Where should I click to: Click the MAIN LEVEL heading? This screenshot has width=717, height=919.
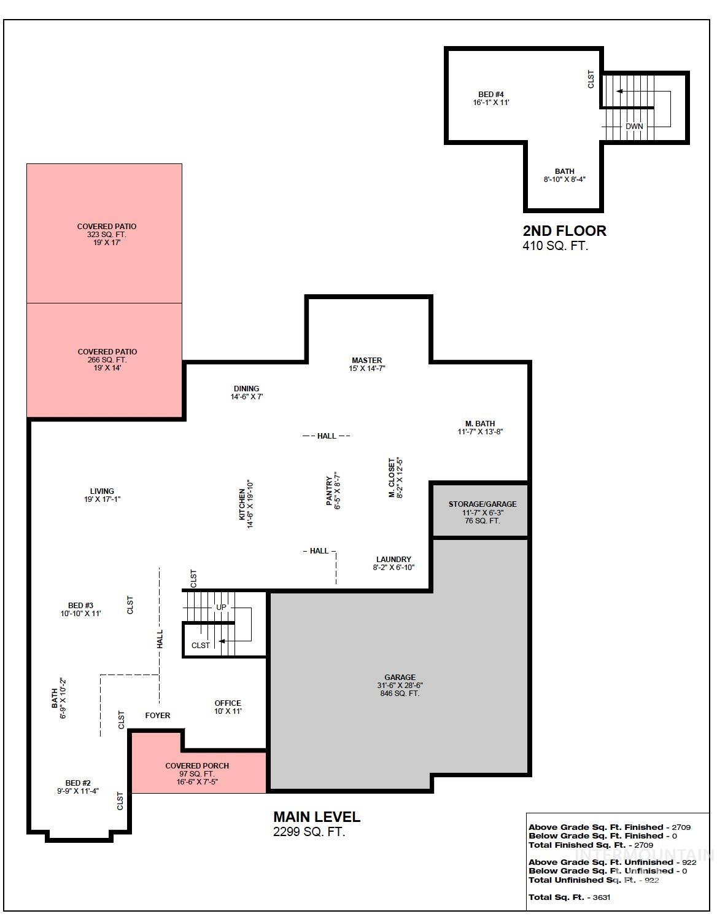click(x=317, y=817)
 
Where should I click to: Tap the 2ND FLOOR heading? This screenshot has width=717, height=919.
click(x=564, y=231)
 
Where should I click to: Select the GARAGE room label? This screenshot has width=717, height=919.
click(x=400, y=678)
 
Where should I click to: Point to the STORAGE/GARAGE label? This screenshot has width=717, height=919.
click(x=483, y=504)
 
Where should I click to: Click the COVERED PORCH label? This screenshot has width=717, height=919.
click(x=197, y=766)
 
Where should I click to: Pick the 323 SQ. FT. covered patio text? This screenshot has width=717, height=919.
click(x=107, y=235)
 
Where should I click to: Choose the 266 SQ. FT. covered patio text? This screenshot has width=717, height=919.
click(x=107, y=360)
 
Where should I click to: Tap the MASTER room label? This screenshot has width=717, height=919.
click(x=367, y=361)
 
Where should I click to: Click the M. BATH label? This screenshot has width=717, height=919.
click(x=480, y=424)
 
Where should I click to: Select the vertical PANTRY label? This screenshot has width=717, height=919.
click(x=329, y=491)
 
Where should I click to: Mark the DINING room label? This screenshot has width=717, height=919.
click(x=246, y=389)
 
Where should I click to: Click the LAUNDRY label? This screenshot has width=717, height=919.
click(x=393, y=560)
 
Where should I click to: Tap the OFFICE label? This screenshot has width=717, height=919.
click(x=228, y=703)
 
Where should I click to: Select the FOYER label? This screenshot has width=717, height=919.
click(x=158, y=716)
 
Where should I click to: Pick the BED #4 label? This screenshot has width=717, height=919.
click(x=491, y=95)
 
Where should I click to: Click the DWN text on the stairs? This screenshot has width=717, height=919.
click(x=634, y=127)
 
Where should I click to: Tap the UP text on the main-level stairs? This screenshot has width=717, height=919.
click(x=221, y=608)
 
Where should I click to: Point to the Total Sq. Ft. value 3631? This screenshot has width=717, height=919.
click(x=602, y=897)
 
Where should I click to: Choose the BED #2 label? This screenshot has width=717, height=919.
click(x=78, y=783)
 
